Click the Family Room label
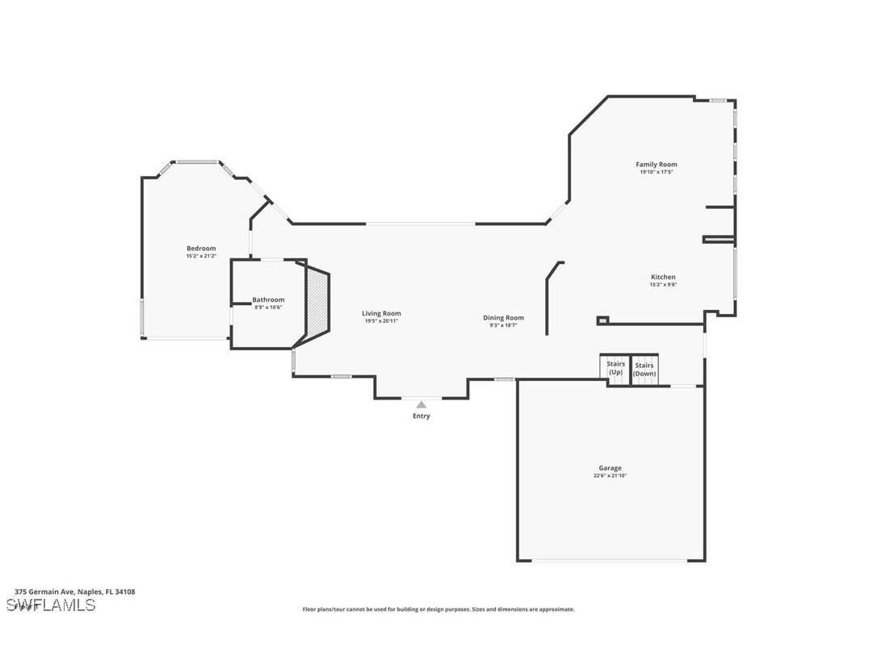click(x=656, y=165)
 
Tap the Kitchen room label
click(x=662, y=277)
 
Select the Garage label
click(x=610, y=468)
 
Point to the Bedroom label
click(x=201, y=249)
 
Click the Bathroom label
click(x=268, y=299)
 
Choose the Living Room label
click(x=381, y=313)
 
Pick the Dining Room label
click(x=503, y=317)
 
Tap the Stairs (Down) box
click(x=644, y=369)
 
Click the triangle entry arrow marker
click(x=421, y=404)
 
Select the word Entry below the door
click(x=422, y=416)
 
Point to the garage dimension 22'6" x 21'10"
click(x=610, y=476)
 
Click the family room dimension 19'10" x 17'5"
click(x=656, y=172)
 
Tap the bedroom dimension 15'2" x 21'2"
click(x=201, y=257)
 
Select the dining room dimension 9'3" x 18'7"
click(x=503, y=325)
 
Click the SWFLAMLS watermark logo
click(x=51, y=605)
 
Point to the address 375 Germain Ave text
click(x=75, y=592)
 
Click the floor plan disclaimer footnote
click(x=438, y=609)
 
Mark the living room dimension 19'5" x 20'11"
click(x=381, y=321)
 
